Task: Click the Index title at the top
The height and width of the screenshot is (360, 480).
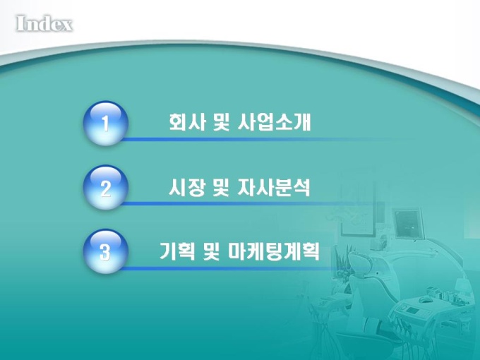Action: [x=44, y=23]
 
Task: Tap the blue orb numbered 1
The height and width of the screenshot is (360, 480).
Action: [x=105, y=123]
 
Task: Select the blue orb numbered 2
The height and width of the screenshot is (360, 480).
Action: [x=105, y=187]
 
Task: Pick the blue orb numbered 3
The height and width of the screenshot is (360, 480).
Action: [x=105, y=251]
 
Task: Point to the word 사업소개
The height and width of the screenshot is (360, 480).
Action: [x=274, y=122]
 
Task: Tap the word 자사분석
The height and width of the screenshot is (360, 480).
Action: [x=274, y=187]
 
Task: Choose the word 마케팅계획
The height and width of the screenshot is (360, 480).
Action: [x=274, y=251]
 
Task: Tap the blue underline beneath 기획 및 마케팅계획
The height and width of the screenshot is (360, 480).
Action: [x=233, y=268]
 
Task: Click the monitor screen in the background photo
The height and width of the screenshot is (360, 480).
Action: [x=408, y=222]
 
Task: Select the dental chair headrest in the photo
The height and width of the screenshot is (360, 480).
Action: [x=361, y=263]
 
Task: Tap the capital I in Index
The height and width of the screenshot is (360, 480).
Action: [x=20, y=23]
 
